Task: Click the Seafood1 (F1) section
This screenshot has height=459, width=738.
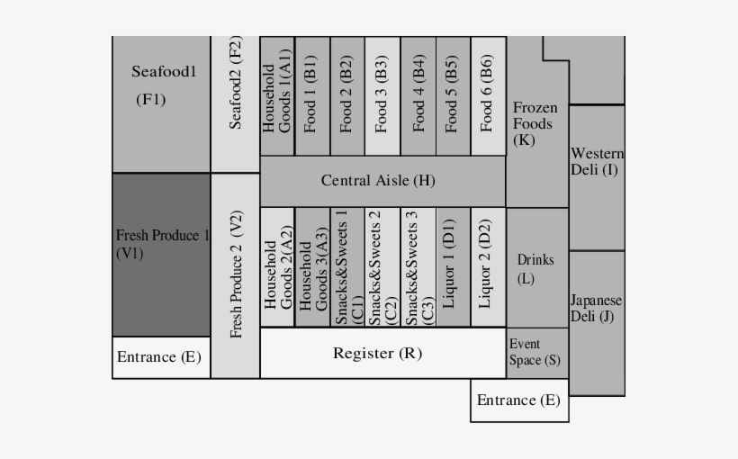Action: [161, 104]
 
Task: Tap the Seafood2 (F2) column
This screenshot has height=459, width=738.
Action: [235, 104]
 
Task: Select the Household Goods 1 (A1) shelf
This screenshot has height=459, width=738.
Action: [277, 96]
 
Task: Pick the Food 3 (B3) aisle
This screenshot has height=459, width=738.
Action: [382, 96]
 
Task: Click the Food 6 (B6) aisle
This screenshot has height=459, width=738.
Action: [489, 96]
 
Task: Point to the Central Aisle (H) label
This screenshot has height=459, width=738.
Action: [378, 180]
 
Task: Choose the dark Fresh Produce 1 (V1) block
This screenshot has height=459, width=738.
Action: [161, 255]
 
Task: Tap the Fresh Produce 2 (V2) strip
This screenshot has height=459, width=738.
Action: [235, 276]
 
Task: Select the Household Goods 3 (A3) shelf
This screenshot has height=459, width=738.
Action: [313, 267]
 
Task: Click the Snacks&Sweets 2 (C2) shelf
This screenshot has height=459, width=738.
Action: [382, 267]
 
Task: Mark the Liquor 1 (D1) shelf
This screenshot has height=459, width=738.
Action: [454, 267]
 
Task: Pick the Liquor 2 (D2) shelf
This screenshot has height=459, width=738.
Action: [489, 267]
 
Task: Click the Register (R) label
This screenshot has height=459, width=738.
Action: [377, 353]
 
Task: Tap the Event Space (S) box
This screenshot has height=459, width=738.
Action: [537, 353]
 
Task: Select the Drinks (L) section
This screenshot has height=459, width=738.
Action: [537, 267]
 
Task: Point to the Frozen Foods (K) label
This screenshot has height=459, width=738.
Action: [535, 124]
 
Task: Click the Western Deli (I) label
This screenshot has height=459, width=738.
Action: [598, 161]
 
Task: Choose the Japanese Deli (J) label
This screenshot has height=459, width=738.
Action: [597, 309]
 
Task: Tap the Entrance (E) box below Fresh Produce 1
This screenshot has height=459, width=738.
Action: [161, 358]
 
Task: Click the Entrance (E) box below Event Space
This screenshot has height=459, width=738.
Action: [519, 400]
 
